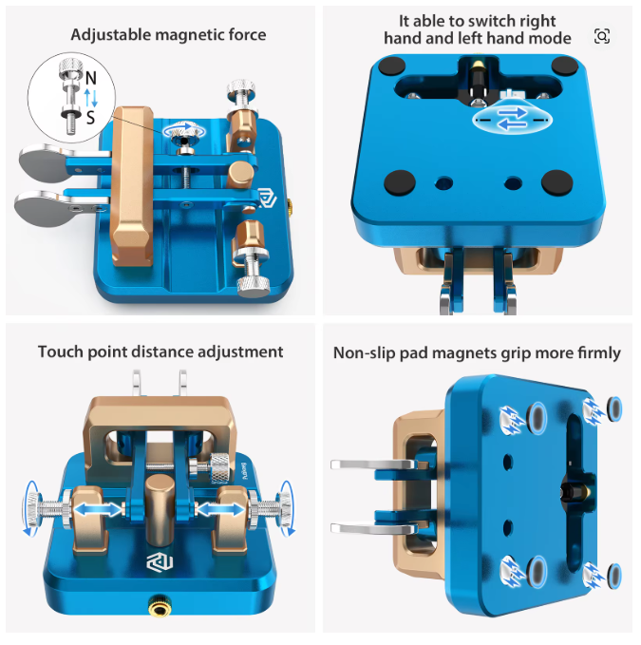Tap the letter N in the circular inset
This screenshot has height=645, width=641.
click(91, 78)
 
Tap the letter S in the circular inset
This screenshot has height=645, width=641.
click(90, 118)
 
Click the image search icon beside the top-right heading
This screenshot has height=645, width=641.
click(602, 36)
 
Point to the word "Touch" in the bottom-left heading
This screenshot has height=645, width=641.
click(61, 352)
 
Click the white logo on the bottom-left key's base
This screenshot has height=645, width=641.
click(160, 562)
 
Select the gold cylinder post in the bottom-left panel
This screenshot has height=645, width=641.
click(160, 508)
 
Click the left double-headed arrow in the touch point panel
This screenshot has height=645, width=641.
click(98, 510)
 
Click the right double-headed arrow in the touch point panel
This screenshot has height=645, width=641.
click(220, 510)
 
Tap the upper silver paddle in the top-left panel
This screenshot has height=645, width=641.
click(43, 162)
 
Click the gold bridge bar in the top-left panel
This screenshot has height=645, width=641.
click(132, 186)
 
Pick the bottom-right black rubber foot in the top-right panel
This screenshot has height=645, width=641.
click(557, 182)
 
